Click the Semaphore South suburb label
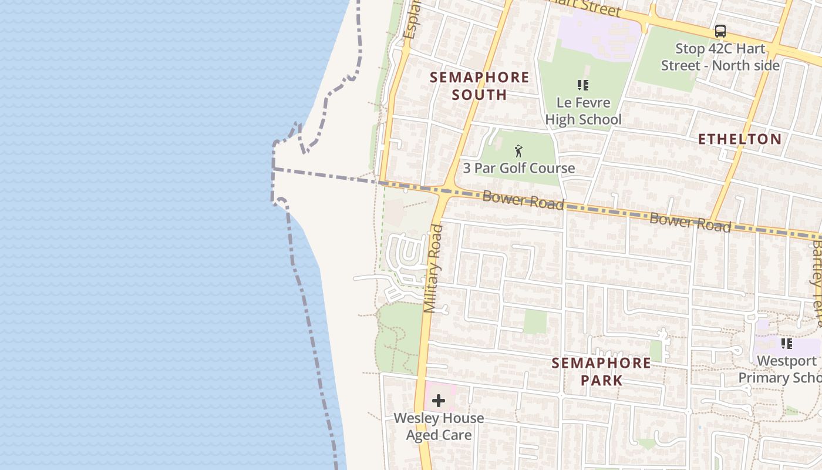pos(479,86)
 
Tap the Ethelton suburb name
pos(739,139)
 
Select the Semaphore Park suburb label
pos(601,371)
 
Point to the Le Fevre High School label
pos(583,111)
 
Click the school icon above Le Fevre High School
pos(582,85)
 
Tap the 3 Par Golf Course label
pos(519,168)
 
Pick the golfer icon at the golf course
pos(518,152)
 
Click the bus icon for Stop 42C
pos(720,31)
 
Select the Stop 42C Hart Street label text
pos(720,57)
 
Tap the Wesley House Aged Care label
pos(439,427)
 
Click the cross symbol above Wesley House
pos(439,401)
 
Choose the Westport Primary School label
pos(780,369)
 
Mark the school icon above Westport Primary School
pos(786,344)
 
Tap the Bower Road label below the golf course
pos(523,199)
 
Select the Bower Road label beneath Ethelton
pos(690,222)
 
